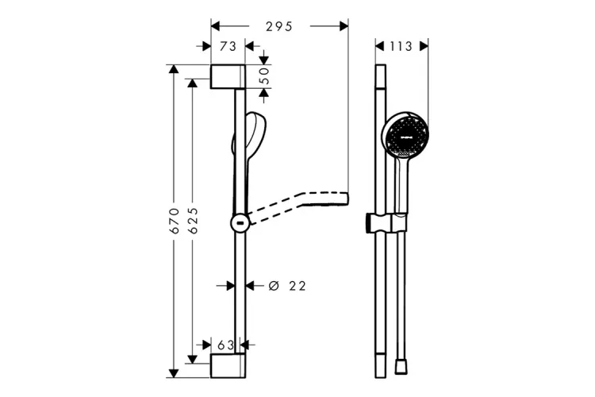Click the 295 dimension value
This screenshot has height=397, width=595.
click(279, 26)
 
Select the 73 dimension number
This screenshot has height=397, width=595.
click(228, 46)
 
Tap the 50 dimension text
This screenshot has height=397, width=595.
click(264, 76)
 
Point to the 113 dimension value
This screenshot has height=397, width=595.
click(401, 46)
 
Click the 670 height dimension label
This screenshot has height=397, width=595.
click(175, 221)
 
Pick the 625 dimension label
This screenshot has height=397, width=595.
click(193, 221)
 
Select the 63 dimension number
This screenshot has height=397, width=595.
click(225, 345)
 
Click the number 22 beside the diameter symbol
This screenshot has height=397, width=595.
click(297, 286)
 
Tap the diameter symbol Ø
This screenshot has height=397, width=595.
click(274, 286)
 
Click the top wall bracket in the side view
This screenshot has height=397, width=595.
click(228, 77)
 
